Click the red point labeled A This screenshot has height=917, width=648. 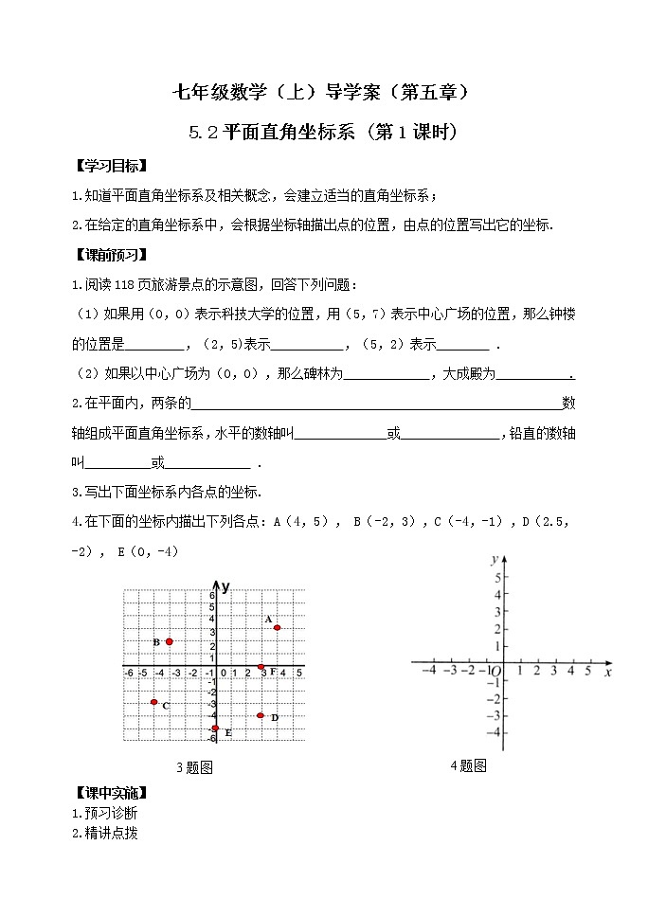[x=277, y=627]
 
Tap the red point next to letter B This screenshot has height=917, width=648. [x=169, y=641]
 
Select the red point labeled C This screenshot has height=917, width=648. [x=153, y=702]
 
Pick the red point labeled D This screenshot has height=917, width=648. [x=261, y=715]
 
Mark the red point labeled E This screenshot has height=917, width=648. [x=215, y=728]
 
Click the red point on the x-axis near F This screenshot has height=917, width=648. [x=261, y=668]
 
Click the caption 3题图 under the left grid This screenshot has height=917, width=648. [x=194, y=768]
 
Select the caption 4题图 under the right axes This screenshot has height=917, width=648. [x=468, y=765]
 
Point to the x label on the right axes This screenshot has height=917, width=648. [x=607, y=672]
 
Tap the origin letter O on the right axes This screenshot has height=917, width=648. [x=495, y=672]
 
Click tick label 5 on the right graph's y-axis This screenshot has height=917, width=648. [x=497, y=577]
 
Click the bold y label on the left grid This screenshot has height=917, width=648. [x=226, y=586]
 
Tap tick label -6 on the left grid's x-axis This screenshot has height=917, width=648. [x=129, y=674]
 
